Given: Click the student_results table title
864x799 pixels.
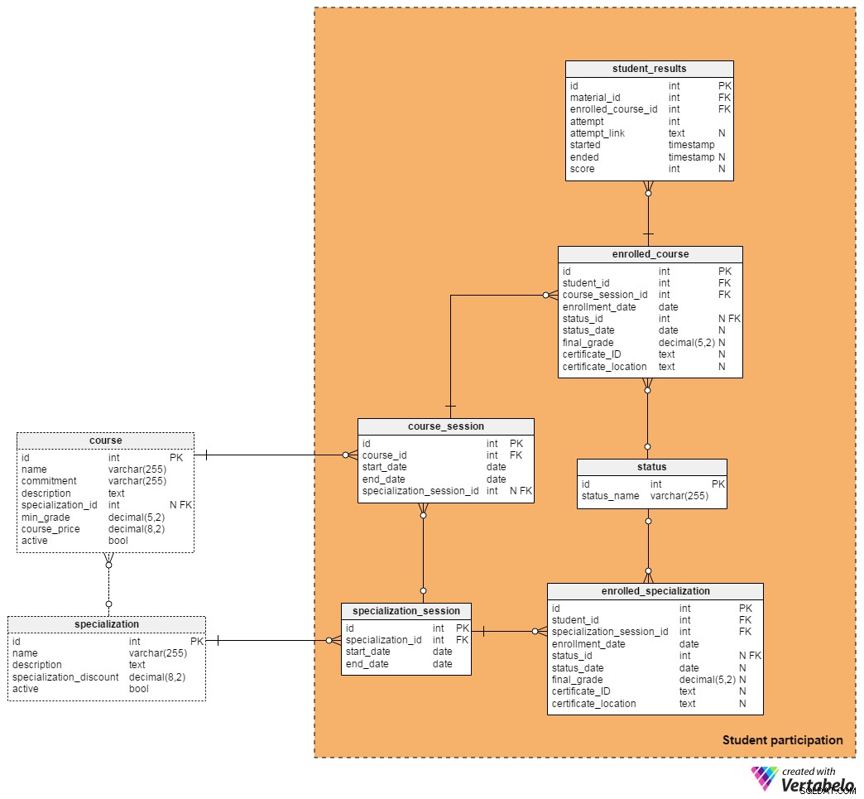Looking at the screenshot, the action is (649, 69).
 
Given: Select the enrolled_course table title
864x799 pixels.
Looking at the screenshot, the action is (650, 254).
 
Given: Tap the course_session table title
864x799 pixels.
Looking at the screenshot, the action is (446, 426).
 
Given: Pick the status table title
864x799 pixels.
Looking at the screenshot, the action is (652, 467).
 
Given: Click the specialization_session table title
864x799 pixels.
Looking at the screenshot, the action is (406, 611).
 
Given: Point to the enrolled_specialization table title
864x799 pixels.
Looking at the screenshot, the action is (655, 591).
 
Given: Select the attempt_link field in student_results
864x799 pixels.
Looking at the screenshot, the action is (598, 133).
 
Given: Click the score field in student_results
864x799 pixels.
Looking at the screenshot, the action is (582, 169).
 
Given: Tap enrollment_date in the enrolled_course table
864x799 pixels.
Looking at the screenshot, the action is (599, 307).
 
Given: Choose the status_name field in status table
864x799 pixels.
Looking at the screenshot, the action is (610, 496).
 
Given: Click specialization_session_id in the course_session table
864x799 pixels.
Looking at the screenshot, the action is (420, 491).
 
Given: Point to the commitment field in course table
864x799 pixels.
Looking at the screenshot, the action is (49, 481).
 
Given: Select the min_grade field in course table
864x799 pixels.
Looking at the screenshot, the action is (46, 517).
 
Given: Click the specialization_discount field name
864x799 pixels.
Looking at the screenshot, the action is (65, 677).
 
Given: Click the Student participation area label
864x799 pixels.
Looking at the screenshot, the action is (782, 740).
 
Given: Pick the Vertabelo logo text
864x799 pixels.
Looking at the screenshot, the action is (817, 784).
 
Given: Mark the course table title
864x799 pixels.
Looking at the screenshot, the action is (105, 440).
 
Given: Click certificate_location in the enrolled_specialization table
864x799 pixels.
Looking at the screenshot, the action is (593, 704).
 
